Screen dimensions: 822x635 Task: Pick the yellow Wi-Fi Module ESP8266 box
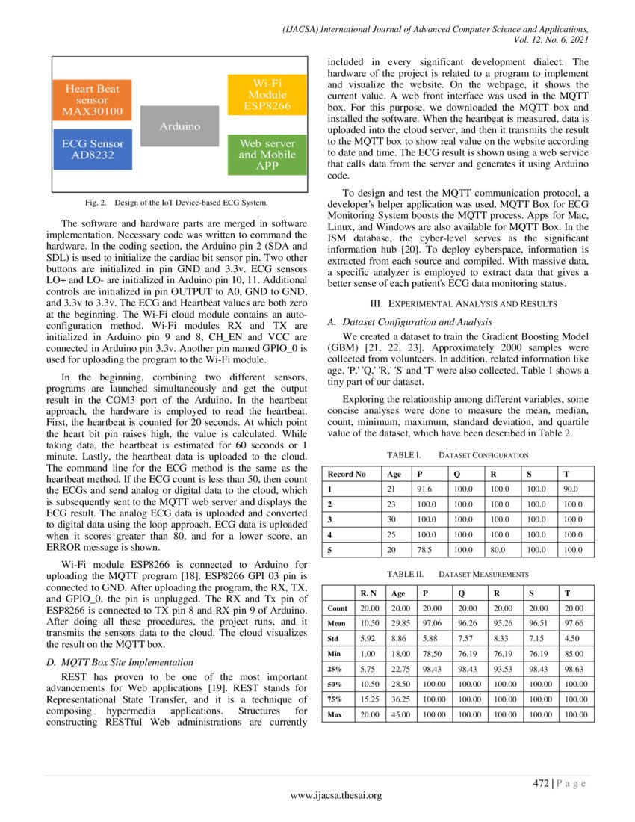pyautogui.click(x=267, y=93)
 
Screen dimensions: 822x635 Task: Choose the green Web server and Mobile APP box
pyautogui.click(x=267, y=154)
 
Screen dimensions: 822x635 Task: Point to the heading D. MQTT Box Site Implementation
pyautogui.click(x=120, y=661)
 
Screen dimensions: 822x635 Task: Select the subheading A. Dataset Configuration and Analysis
pyautogui.click(x=417, y=321)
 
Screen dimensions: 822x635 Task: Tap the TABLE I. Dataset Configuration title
pyautogui.click(x=457, y=454)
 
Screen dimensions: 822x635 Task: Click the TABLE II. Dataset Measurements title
pyautogui.click(x=456, y=574)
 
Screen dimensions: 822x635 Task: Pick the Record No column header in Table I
pyautogui.click(x=347, y=474)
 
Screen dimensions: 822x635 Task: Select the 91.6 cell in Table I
pyautogui.click(x=424, y=489)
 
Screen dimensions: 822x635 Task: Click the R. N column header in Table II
pyautogui.click(x=368, y=593)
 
